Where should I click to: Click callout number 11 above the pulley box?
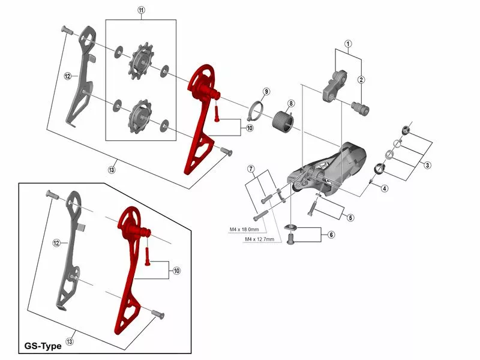141,11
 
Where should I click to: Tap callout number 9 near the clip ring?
266,91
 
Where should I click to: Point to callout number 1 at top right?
347,43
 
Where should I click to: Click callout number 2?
361,80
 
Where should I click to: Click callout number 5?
350,217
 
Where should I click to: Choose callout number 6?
330,235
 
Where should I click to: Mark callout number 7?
251,169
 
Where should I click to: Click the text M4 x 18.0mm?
244,229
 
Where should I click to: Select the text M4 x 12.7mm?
260,239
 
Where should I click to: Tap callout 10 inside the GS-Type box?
176,271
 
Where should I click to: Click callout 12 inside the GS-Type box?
56,243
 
